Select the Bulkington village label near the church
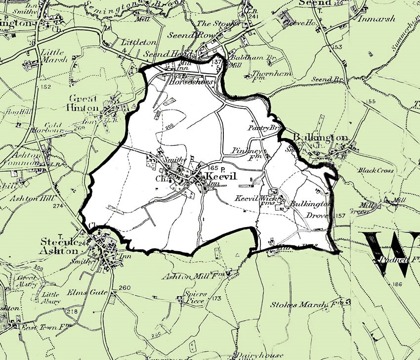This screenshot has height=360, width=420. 321,137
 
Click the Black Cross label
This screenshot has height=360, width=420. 376,170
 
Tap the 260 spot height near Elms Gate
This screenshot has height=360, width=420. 125,288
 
